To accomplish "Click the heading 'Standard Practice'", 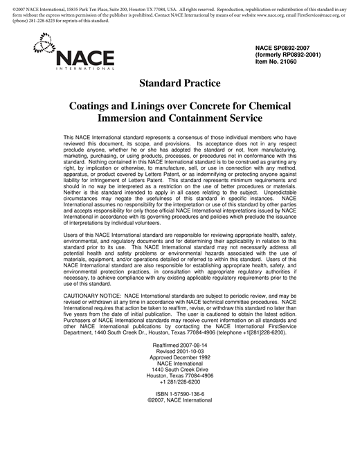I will pos(179,83).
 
